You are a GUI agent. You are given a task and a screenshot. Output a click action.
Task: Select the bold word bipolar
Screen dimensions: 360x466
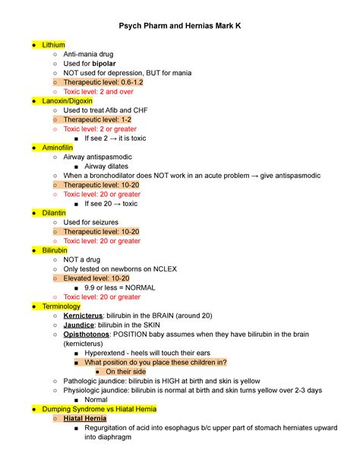pos(104,64)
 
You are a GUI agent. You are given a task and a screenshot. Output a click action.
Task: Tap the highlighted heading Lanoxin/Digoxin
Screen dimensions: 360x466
pos(68,101)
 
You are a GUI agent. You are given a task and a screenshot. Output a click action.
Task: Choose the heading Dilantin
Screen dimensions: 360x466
pos(53,213)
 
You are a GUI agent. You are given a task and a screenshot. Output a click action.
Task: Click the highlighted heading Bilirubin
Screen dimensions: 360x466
pos(55,250)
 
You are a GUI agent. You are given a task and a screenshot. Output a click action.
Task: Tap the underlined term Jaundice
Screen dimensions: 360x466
pos(83,325)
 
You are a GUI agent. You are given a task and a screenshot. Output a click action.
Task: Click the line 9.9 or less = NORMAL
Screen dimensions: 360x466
pos(122,287)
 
